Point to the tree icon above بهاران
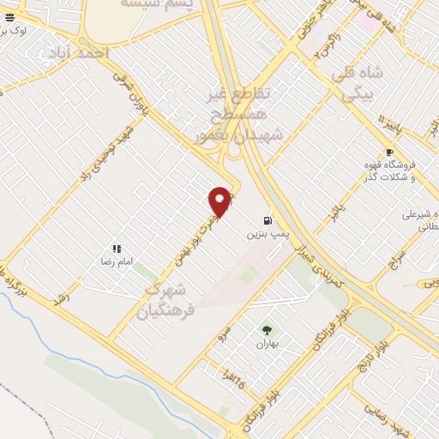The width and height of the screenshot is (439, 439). (x=267, y=330)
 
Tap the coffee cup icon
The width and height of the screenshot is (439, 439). (x=389, y=153)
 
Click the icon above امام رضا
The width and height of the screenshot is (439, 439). (x=116, y=248)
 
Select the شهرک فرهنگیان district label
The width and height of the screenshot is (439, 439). (x=171, y=293)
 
